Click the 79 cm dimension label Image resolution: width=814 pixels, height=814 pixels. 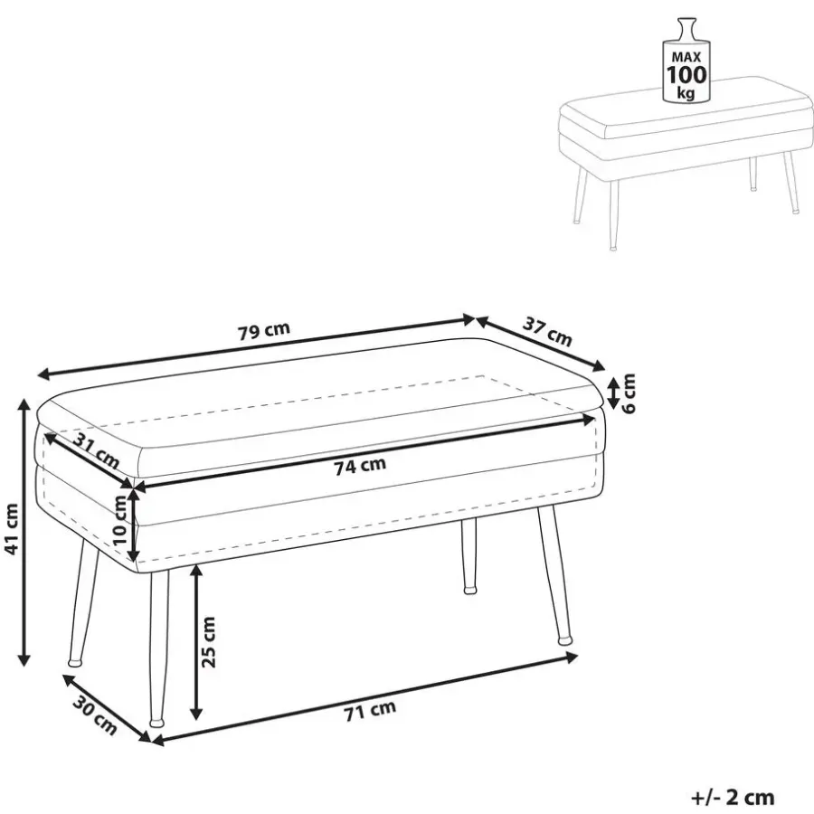click(x=264, y=331)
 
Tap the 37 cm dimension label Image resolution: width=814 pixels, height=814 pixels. click(x=546, y=332)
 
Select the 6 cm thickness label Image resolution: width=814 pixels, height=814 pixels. click(x=629, y=393)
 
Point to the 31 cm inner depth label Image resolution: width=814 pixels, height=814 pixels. click(x=96, y=450)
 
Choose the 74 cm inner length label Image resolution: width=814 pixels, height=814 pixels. click(x=360, y=466)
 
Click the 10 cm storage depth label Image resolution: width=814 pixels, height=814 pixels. click(x=120, y=519)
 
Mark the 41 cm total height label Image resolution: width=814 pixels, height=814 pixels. click(x=12, y=529)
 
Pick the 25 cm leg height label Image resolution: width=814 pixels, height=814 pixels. click(x=208, y=641)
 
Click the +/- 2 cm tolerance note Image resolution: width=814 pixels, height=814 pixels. click(x=733, y=797)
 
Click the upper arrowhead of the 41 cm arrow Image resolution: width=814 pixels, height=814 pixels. click(x=24, y=404)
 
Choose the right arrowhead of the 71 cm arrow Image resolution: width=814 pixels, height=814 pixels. click(x=571, y=658)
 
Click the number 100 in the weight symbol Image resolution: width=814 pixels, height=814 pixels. click(x=686, y=76)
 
